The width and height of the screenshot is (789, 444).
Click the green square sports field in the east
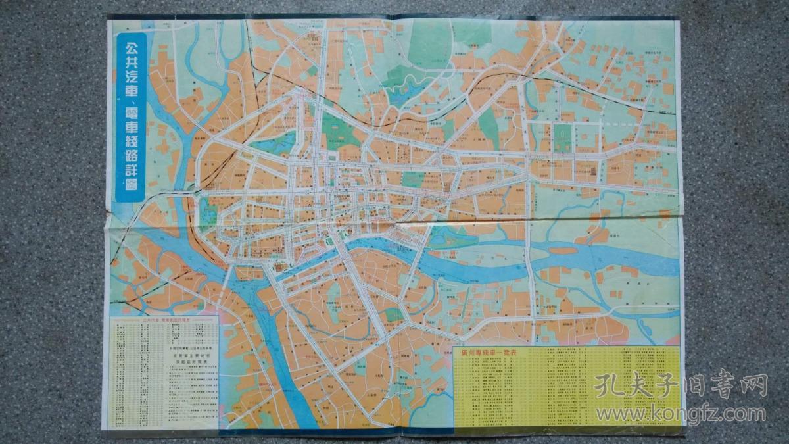pyautogui.click(x=562, y=137)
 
